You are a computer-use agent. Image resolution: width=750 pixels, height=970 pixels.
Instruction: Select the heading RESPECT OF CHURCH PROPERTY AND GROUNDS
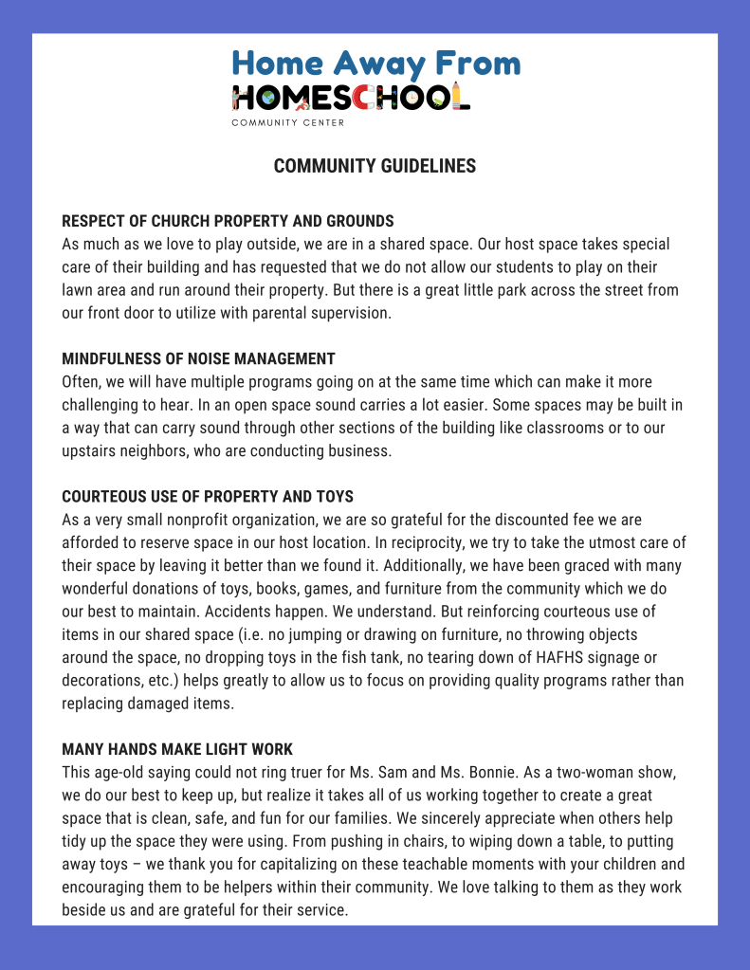pyautogui.click(x=228, y=222)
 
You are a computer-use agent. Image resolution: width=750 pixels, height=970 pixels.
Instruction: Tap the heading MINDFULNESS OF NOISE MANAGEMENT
pyautogui.click(x=198, y=359)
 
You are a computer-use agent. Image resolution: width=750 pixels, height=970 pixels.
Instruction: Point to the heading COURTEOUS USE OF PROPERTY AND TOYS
pyautogui.click(x=208, y=497)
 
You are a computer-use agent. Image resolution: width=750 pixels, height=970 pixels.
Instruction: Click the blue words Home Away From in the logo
pyautogui.click(x=376, y=64)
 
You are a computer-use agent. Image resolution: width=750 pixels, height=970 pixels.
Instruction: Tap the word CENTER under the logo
pyautogui.click(x=323, y=123)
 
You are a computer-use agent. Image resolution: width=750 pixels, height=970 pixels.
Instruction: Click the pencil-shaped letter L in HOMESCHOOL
pyautogui.click(x=461, y=96)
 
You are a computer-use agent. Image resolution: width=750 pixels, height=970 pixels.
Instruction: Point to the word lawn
pyautogui.click(x=79, y=290)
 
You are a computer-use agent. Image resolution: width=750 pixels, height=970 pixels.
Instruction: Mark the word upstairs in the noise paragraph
pyautogui.click(x=89, y=451)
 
